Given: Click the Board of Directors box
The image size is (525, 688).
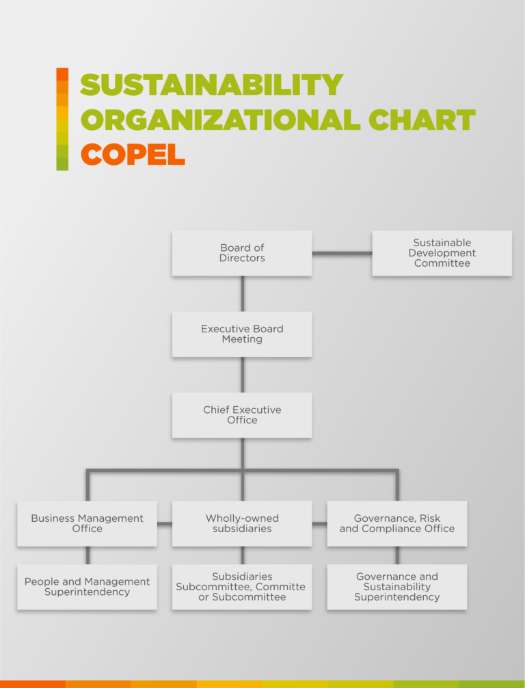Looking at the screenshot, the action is [x=242, y=253].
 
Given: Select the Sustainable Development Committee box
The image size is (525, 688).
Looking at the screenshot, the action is [x=442, y=253].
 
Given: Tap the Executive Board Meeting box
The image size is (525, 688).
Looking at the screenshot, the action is [x=242, y=334].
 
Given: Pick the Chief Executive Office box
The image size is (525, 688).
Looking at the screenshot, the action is [x=242, y=415].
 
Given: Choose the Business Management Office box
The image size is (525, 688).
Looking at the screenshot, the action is [x=87, y=523].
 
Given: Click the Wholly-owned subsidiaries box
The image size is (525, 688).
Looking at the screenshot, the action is [x=242, y=523].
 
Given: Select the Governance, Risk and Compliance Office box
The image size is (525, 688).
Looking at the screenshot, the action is [x=397, y=523].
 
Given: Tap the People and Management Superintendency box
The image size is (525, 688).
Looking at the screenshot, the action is [x=87, y=587].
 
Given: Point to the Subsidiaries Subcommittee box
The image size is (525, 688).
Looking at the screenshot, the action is [x=242, y=587].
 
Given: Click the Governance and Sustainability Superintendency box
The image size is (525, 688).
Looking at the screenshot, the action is [x=397, y=587].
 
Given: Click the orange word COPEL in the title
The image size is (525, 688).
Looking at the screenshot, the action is [x=133, y=155].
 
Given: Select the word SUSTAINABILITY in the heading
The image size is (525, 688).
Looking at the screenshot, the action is [x=211, y=84].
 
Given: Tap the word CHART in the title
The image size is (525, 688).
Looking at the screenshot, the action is [x=422, y=120].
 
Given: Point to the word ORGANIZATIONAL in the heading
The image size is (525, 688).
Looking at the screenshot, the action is [x=221, y=120].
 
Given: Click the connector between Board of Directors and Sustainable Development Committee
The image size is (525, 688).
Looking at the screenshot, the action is [x=342, y=253].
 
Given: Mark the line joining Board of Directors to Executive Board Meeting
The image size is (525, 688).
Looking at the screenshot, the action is [x=243, y=294].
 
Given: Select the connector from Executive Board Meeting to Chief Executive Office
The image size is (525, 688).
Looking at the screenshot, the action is [x=243, y=375].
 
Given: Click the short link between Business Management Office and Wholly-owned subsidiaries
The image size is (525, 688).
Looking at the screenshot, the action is [x=165, y=523].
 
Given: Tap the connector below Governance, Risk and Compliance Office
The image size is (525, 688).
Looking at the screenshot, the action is [x=397, y=555].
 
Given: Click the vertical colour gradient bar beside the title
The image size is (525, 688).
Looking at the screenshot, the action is [x=62, y=119].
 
